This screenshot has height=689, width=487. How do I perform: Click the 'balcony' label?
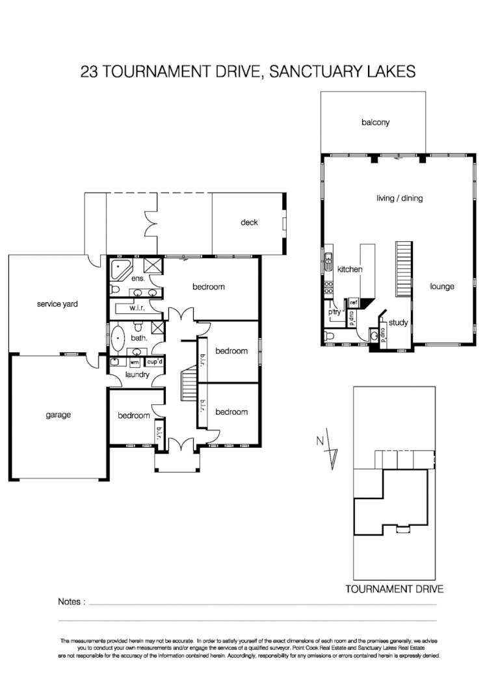coord(375,122)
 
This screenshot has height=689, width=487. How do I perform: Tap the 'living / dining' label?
coord(399,198)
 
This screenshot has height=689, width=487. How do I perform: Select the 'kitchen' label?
coord(349,268)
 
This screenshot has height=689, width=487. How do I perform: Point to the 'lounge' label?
coord(442,287)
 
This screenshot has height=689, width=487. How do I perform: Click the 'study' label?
coord(397,322)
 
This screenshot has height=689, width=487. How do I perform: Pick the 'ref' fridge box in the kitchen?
coord(354,302)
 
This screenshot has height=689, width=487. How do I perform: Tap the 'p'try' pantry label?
coord(336,313)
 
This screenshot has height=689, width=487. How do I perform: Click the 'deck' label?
coord(249,222)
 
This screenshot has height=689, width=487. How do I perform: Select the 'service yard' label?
coord(57,304)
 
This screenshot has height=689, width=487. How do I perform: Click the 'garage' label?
coord(58,415)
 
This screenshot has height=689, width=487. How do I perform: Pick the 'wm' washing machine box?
coord(135,362)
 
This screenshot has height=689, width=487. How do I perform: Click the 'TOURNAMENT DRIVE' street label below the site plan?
coord(395,590)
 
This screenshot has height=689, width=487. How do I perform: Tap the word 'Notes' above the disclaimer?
coord(71,602)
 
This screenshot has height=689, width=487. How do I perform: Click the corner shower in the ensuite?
coord(153,265)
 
